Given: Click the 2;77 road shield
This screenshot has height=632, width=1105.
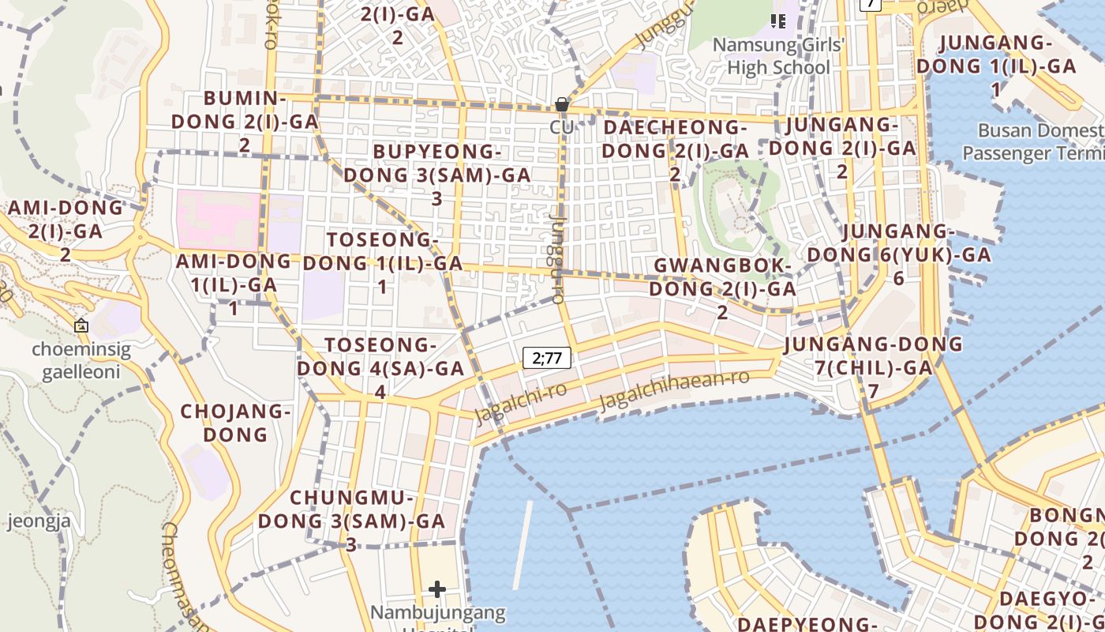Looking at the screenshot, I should [547, 358].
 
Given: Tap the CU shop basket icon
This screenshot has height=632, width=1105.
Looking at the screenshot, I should [561, 104].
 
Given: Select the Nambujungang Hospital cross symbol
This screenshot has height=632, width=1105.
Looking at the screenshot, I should [437, 589].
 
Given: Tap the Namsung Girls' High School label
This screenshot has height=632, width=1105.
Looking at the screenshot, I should [778, 56].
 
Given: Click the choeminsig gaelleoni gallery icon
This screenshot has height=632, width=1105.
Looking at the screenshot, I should [81, 325].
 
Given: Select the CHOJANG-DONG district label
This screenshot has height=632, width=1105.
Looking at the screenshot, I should [236, 423].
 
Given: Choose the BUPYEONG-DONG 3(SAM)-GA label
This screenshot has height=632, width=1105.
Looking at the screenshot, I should [436, 175].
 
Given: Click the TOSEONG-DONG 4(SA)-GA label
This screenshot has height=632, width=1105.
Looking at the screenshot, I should [380, 368].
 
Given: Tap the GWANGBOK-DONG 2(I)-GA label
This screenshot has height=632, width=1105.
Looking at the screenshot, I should [722, 288].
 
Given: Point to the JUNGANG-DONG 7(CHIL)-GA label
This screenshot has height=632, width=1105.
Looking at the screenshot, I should [873, 367].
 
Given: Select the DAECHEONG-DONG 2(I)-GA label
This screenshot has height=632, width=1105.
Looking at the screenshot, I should [675, 150].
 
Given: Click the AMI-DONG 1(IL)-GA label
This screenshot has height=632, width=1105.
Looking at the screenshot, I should [233, 284].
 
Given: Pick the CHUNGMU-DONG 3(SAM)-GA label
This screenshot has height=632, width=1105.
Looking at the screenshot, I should [351, 521].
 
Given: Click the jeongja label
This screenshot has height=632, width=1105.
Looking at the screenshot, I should [39, 521].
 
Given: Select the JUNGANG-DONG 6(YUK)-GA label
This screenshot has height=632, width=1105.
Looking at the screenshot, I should [898, 254].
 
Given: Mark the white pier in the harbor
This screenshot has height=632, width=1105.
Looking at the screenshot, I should [523, 545].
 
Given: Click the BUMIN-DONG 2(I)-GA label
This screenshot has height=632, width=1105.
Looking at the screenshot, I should [245, 122].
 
